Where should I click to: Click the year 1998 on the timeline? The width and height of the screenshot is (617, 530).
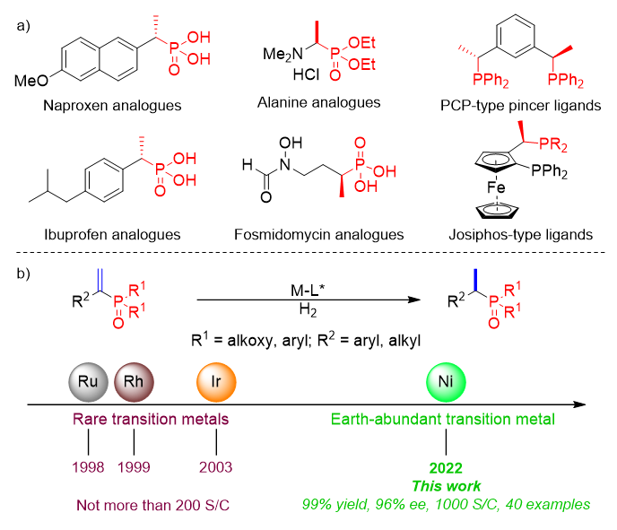[x=88, y=466]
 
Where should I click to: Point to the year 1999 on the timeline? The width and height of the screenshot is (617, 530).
[x=134, y=466]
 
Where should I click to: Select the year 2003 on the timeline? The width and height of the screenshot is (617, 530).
[x=216, y=466]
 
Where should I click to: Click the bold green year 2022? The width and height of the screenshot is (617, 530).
[x=446, y=467]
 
